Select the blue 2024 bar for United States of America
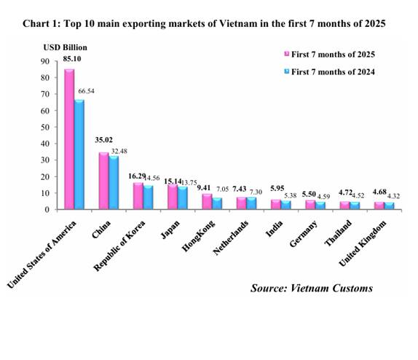(79, 155)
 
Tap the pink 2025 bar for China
(103, 181)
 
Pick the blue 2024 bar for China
(114, 184)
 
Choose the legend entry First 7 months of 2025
(334, 53)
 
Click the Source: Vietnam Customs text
(311, 288)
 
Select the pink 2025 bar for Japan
(172, 197)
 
